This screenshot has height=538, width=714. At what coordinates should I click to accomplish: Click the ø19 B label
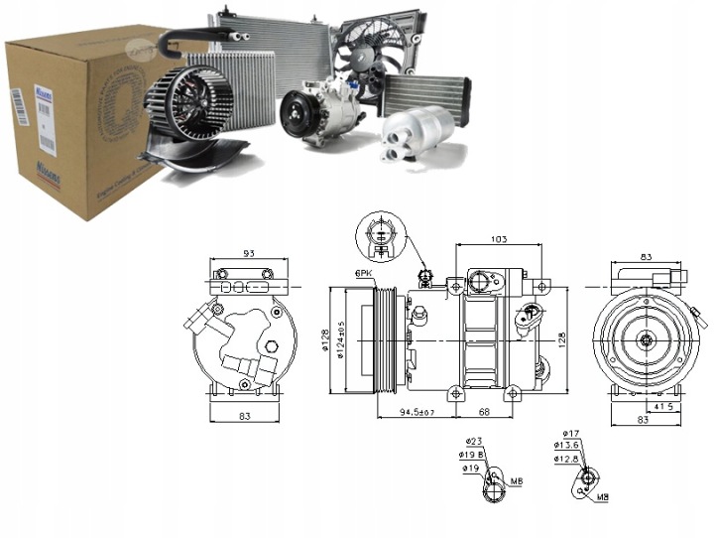coord(473,455)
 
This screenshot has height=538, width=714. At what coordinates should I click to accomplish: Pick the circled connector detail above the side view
coord(381,234)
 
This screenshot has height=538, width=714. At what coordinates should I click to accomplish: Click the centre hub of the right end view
coord(646,341)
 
